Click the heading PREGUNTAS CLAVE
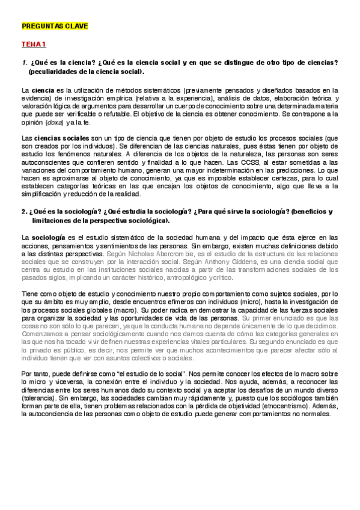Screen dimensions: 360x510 54,26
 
